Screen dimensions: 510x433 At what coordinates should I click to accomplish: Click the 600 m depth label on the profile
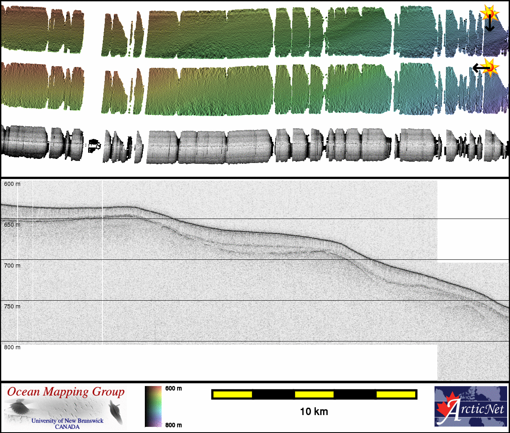click(x=12, y=184)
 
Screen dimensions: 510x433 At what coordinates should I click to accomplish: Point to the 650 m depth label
click(x=12, y=225)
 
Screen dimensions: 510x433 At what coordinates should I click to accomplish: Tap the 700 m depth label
click(x=12, y=266)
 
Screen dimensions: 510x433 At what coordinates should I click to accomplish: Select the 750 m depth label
click(x=12, y=306)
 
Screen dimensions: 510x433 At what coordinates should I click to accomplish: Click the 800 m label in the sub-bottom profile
click(x=12, y=347)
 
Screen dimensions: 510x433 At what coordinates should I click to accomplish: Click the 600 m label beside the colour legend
click(x=173, y=388)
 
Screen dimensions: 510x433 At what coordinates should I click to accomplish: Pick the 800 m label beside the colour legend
click(x=173, y=425)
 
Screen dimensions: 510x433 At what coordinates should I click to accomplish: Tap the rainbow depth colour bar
click(x=153, y=406)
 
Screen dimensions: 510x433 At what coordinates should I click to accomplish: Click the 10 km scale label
click(x=314, y=411)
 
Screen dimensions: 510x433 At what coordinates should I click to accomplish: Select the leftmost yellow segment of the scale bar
click(x=233, y=395)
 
